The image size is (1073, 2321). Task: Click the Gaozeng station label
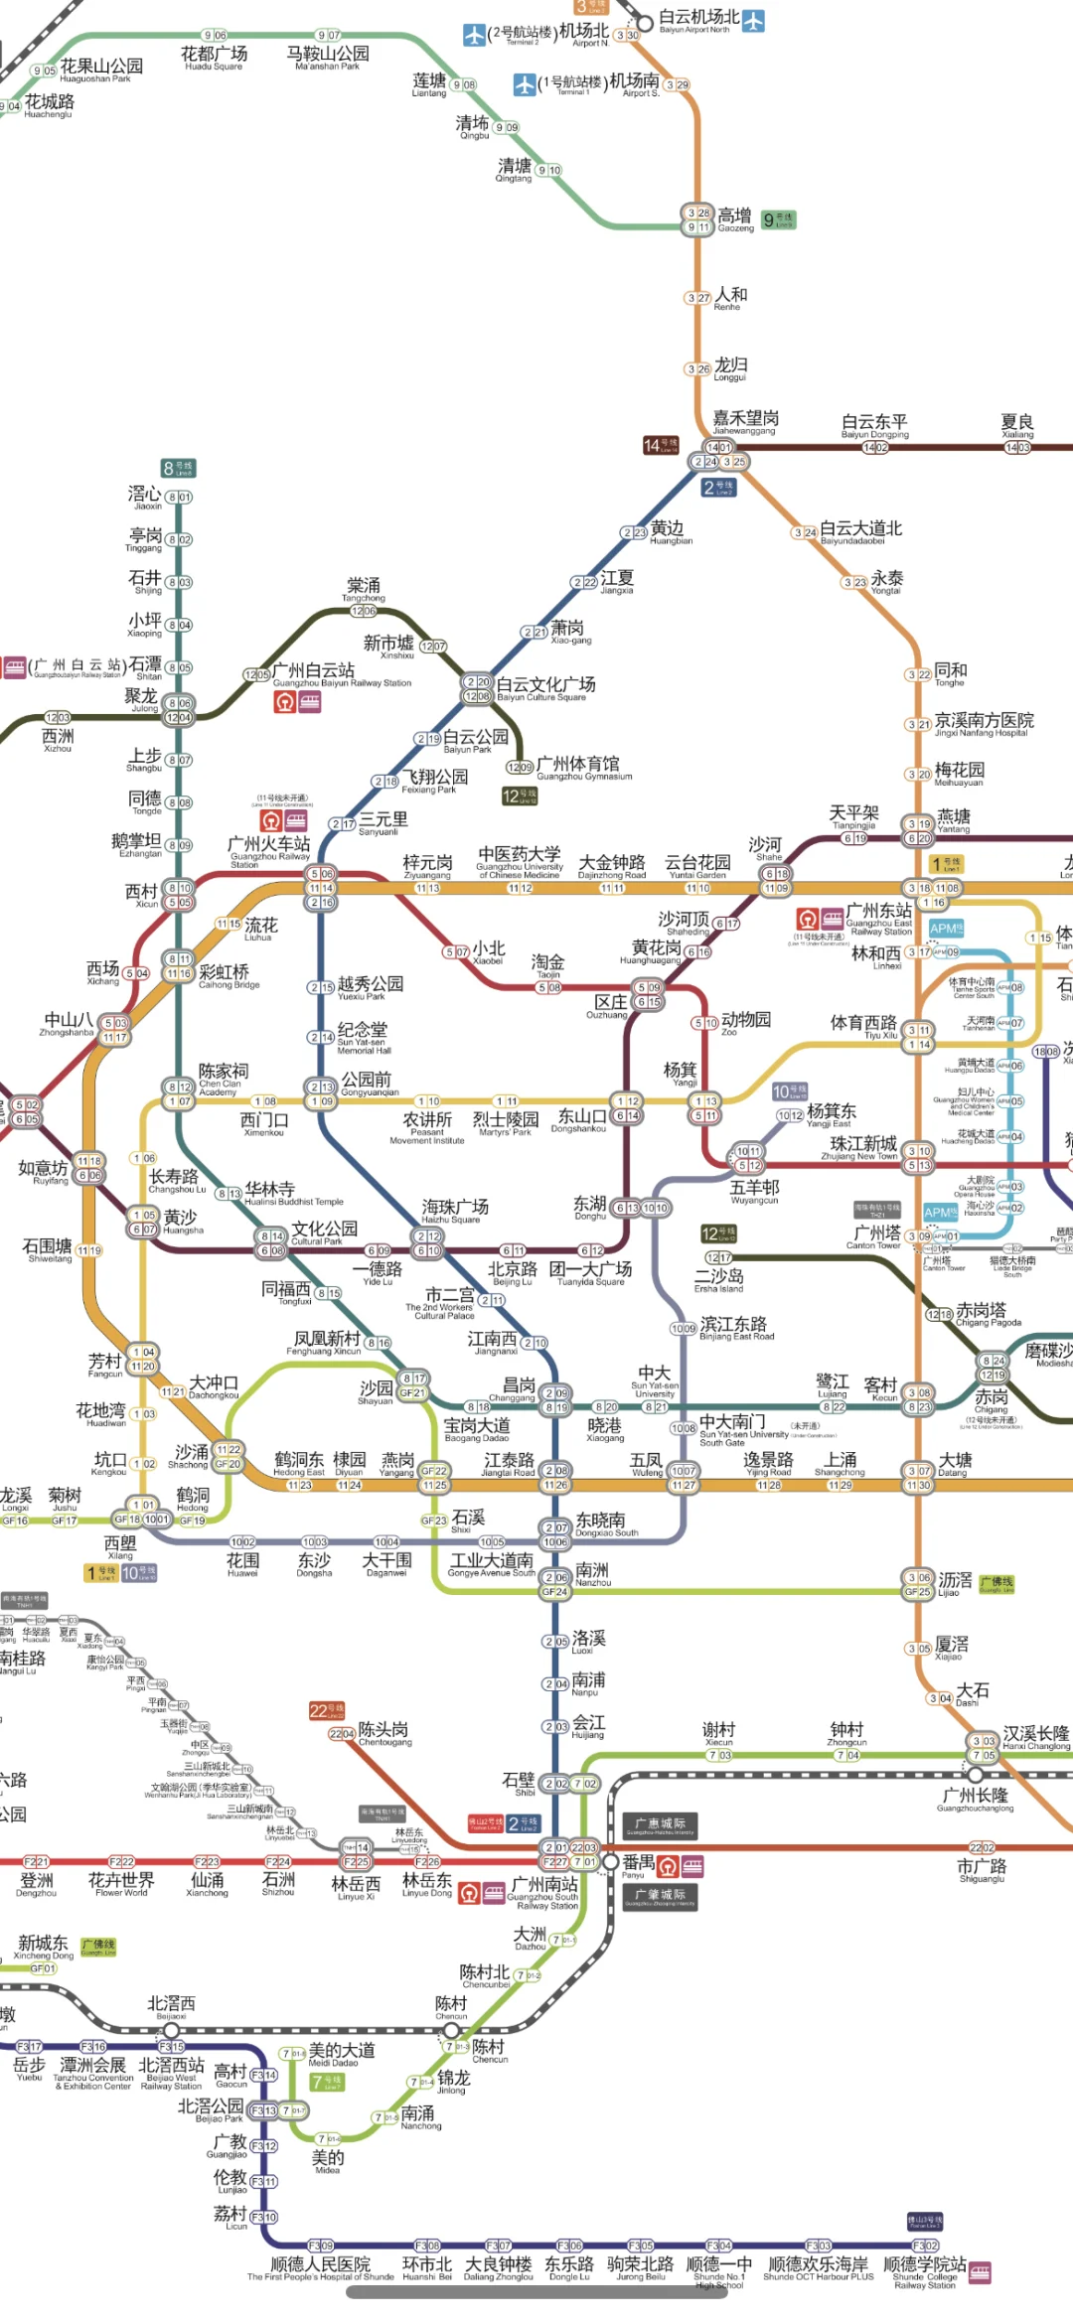tap(735, 218)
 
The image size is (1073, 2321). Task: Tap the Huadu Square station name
tap(214, 58)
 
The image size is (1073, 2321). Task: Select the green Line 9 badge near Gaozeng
tap(778, 219)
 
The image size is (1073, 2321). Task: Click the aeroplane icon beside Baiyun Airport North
tap(754, 20)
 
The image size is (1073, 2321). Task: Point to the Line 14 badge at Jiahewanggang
tap(661, 445)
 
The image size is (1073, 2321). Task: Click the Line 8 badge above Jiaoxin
tap(179, 468)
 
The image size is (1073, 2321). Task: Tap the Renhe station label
tap(730, 298)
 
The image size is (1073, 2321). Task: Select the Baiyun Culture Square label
tap(545, 688)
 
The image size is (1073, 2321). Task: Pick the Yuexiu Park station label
tap(370, 987)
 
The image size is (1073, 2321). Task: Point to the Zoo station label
tap(745, 1023)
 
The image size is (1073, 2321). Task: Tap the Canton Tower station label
tap(874, 1237)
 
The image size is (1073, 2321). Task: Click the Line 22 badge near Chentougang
tap(326, 1710)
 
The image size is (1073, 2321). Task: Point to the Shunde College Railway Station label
tap(925, 2269)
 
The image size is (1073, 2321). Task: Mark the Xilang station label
tap(120, 1547)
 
